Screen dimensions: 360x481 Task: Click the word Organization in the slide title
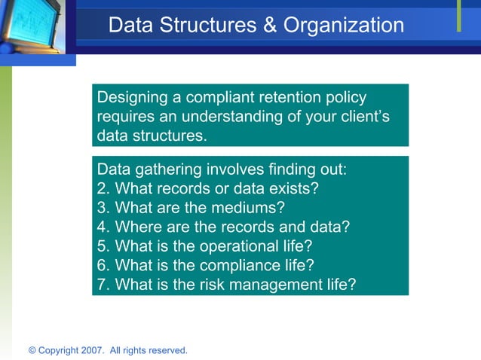pos(344,26)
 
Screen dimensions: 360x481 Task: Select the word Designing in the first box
pos(131,97)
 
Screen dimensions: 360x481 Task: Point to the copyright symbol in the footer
pos(32,350)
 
